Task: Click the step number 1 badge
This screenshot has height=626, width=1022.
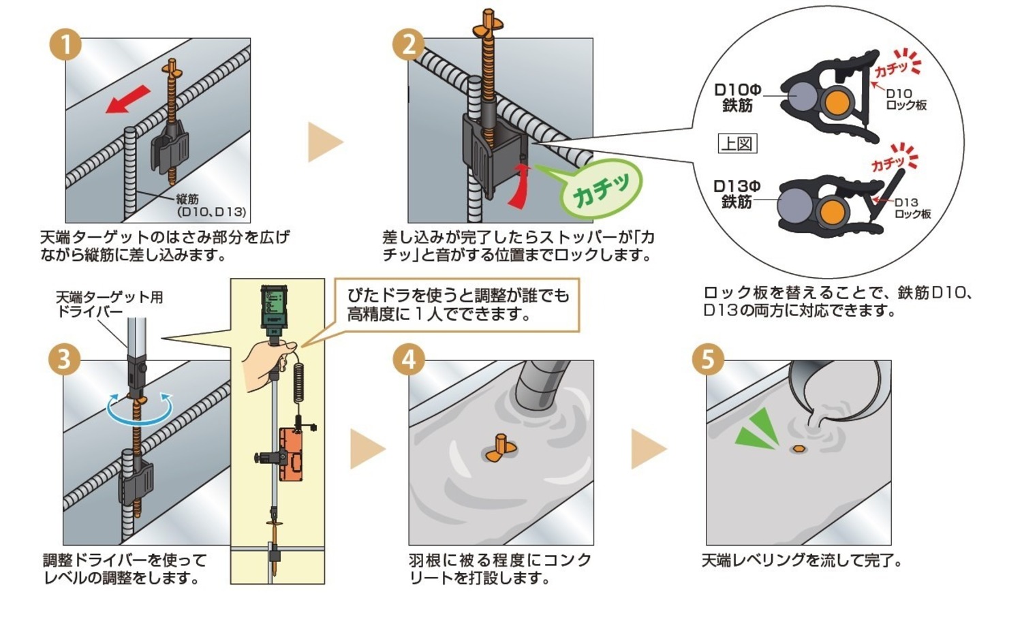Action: [65, 45]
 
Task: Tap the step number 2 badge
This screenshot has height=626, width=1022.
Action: [408, 45]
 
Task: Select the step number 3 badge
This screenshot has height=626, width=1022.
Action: [65, 358]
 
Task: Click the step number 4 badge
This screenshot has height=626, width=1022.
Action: [408, 358]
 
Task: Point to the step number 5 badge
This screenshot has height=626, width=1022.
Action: [707, 358]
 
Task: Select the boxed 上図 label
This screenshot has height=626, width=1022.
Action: [737, 144]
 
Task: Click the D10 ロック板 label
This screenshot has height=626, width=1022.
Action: [905, 99]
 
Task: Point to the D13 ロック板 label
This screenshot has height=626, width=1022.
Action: [912, 208]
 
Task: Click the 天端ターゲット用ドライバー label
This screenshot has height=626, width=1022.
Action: [109, 304]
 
